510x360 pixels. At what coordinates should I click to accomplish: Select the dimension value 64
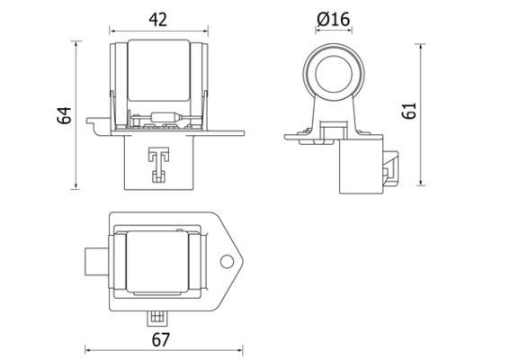(63, 115)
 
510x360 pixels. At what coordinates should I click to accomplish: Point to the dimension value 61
(408, 111)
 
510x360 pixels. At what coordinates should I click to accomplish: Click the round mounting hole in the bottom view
(227, 262)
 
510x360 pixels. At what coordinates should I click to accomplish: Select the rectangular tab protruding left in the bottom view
(94, 262)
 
